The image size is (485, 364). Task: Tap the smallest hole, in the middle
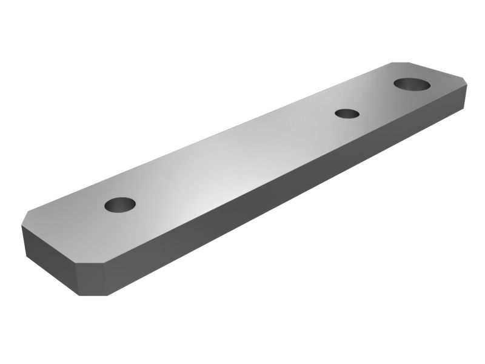point(346,113)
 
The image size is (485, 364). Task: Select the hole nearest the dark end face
point(119,205)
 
